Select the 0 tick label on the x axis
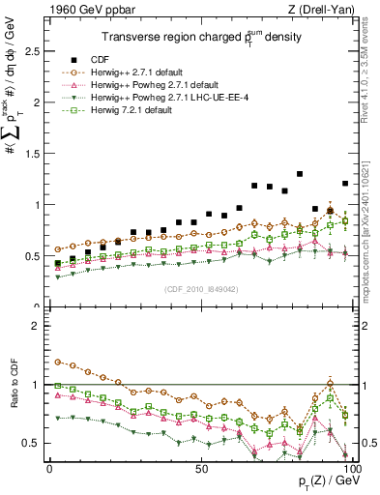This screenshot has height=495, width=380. [49, 468]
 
